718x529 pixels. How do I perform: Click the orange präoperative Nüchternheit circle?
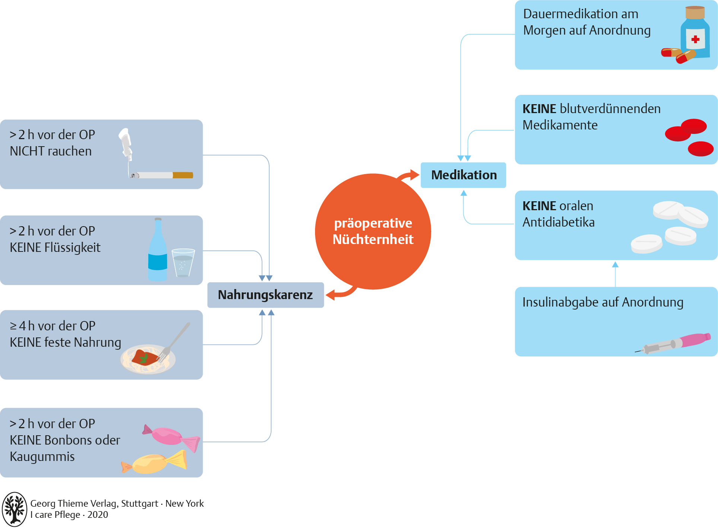point(373,231)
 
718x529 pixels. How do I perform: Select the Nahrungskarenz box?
point(265,295)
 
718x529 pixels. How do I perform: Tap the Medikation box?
point(463,175)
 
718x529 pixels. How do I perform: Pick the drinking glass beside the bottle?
point(183,263)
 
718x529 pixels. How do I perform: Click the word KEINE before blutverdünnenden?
point(539,109)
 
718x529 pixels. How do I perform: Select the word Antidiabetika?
point(558,222)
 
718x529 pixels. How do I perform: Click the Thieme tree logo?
point(15,509)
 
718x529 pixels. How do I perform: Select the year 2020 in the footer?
point(98,515)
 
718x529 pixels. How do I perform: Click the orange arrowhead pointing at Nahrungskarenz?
point(330,295)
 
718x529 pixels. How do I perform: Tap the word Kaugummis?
point(42,456)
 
